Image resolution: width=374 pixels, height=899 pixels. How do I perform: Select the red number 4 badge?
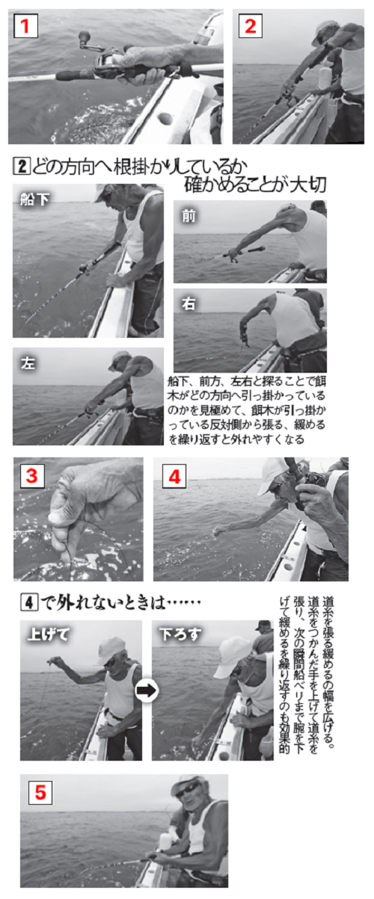point(174,476)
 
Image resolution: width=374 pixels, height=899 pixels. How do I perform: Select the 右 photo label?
point(188,304)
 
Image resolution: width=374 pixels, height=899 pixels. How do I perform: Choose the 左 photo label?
point(26,364)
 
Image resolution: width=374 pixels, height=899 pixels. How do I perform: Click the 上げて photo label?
point(47,634)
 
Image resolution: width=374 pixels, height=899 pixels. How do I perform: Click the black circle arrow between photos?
point(147,691)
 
